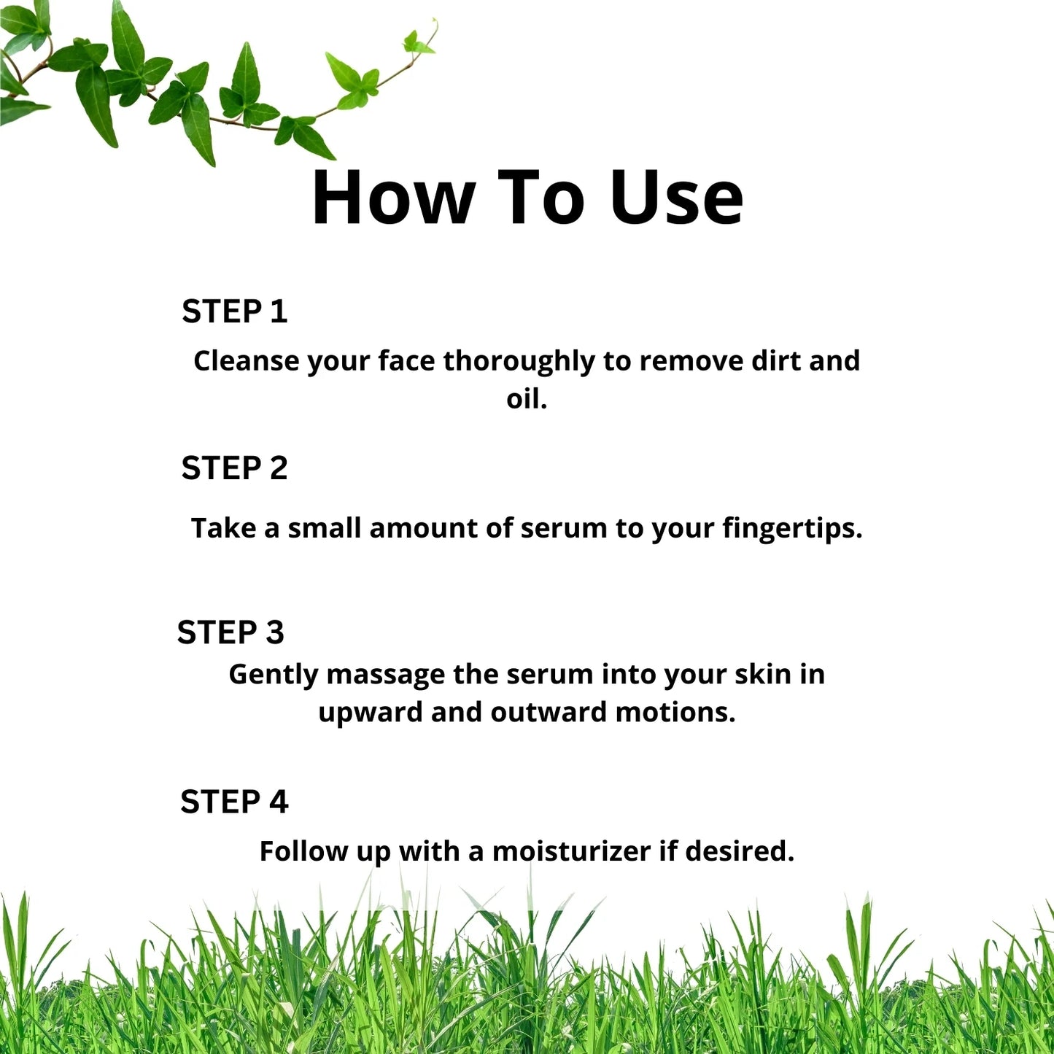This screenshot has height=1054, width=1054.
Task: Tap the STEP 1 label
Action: (x=234, y=312)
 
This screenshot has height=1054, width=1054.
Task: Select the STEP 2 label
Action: (x=234, y=468)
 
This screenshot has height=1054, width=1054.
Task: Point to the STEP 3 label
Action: (x=230, y=632)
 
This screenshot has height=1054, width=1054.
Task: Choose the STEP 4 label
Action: (x=234, y=802)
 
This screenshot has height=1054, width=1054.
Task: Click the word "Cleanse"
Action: (x=246, y=361)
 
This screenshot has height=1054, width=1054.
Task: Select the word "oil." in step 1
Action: (x=527, y=399)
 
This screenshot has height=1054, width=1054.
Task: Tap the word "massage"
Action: (x=385, y=675)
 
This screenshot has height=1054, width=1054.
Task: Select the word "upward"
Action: (x=370, y=713)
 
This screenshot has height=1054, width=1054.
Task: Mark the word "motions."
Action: (x=675, y=713)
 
